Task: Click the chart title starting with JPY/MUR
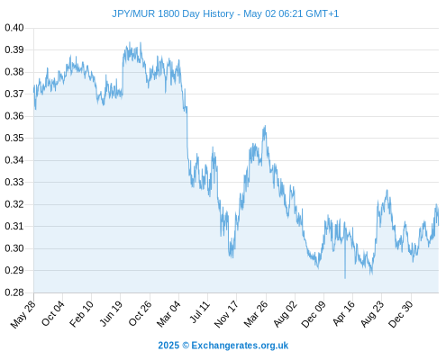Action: (x=225, y=13)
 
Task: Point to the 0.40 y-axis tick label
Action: (x=14, y=28)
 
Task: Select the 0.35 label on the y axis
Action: (x=14, y=138)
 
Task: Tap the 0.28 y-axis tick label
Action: (x=14, y=292)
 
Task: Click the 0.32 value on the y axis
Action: (x=14, y=204)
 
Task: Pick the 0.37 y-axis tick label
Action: (x=14, y=94)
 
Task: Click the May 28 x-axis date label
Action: (x=23, y=314)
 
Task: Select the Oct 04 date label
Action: (x=53, y=313)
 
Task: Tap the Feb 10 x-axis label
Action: (x=81, y=314)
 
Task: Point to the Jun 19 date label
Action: (x=111, y=313)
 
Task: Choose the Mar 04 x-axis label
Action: (x=168, y=314)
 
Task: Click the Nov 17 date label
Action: (x=226, y=314)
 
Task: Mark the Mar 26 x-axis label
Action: (x=256, y=314)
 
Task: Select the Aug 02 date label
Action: (x=285, y=314)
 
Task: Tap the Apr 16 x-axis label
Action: (x=344, y=313)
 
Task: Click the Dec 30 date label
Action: (x=401, y=314)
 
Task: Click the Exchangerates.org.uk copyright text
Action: (x=223, y=346)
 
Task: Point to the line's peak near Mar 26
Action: (x=265, y=126)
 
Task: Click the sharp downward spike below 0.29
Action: (x=345, y=278)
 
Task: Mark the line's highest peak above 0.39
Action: (x=130, y=42)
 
